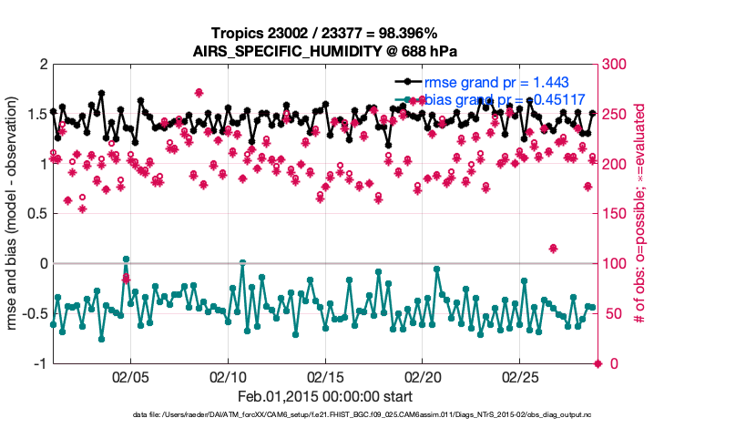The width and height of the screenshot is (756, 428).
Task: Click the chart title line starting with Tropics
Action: (x=325, y=33)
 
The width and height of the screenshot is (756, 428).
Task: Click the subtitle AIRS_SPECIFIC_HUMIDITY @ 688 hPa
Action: (x=325, y=50)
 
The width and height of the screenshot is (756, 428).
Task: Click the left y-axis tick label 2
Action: (x=42, y=65)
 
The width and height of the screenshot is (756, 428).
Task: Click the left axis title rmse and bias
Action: (x=15, y=214)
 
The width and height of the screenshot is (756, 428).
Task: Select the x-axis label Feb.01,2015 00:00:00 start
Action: (x=325, y=397)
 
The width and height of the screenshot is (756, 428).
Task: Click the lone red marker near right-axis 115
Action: (x=553, y=249)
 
